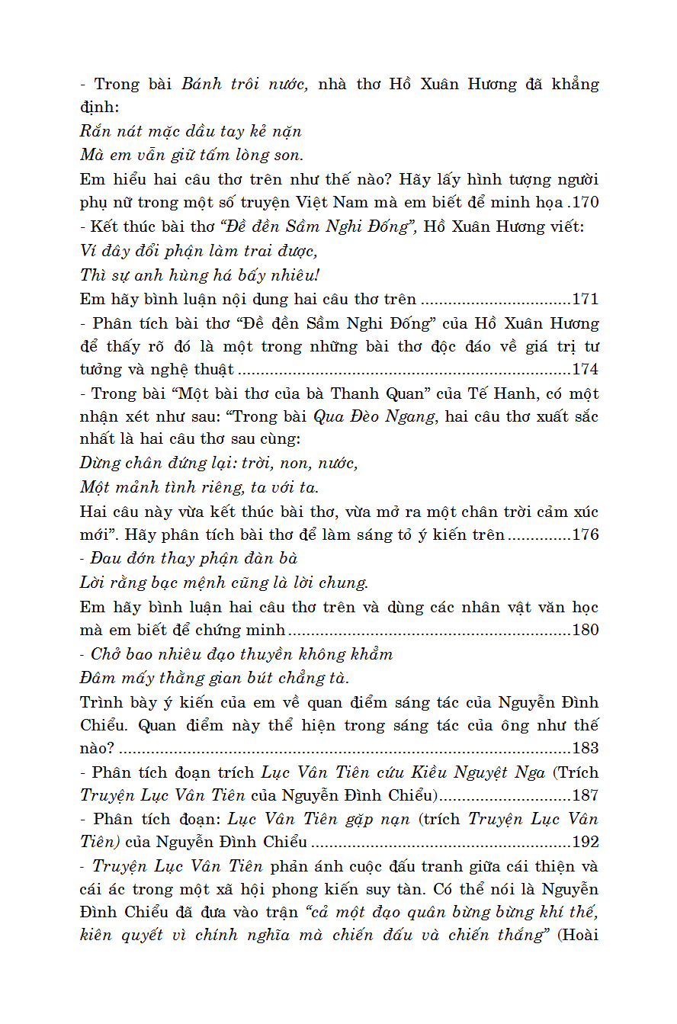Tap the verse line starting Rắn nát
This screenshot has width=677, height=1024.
(x=191, y=131)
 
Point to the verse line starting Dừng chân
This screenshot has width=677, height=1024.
(x=219, y=464)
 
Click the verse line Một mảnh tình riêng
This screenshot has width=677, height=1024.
(x=200, y=487)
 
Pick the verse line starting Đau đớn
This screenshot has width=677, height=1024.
(x=194, y=559)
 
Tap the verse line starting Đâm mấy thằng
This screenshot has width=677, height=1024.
(x=215, y=678)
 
